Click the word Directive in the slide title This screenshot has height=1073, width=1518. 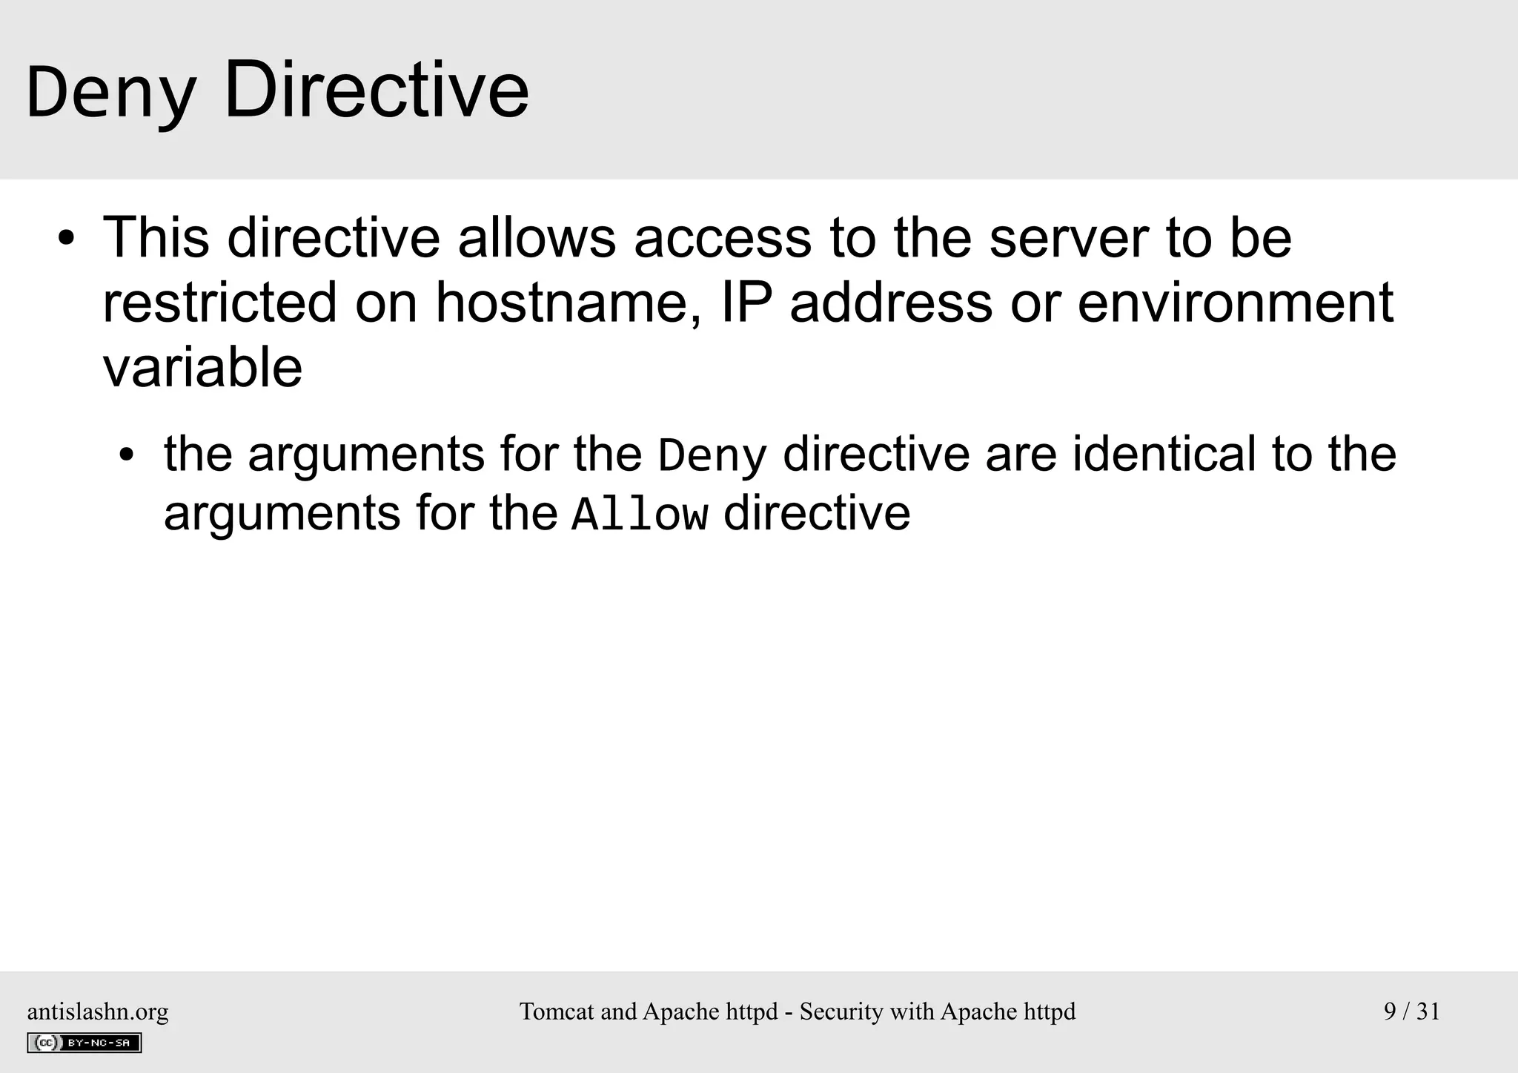tap(377, 90)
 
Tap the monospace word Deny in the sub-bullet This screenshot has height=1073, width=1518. tap(712, 455)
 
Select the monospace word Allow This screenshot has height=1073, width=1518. tap(640, 515)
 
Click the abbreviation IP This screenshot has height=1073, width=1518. tap(746, 303)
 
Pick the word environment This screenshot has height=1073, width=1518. tap(1235, 303)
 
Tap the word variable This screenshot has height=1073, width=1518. tap(202, 368)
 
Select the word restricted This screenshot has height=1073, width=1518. tap(219, 303)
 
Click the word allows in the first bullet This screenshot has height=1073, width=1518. tap(537, 239)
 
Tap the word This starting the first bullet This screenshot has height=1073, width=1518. tap(156, 239)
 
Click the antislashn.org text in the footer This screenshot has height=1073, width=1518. tap(98, 1011)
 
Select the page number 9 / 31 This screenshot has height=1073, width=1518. tap(1411, 1011)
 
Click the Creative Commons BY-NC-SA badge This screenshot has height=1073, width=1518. tap(84, 1043)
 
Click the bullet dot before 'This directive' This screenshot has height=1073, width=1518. tap(67, 240)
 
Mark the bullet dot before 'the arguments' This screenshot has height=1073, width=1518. tap(127, 455)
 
